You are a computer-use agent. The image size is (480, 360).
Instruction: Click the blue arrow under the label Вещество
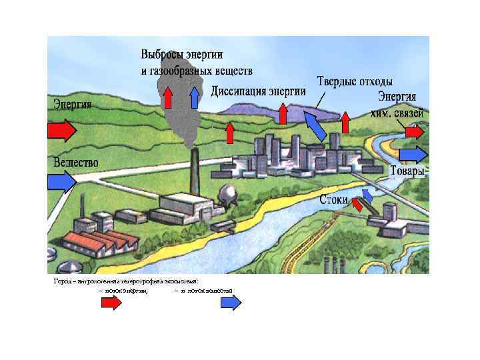pos(62,181)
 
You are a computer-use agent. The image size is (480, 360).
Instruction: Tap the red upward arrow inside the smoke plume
pos(168,97)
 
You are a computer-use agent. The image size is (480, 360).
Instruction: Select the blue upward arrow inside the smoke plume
pos(195,97)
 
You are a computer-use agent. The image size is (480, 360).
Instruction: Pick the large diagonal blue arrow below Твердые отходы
pos(315,125)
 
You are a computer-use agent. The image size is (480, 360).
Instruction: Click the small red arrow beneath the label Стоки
pos(357,204)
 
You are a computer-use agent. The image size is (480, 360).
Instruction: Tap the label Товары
pos(407,171)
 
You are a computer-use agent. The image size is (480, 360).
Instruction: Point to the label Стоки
pos(333,199)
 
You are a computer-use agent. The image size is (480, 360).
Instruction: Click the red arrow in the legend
pos(111,303)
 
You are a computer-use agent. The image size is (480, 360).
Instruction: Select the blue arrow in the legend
pos(231,303)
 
